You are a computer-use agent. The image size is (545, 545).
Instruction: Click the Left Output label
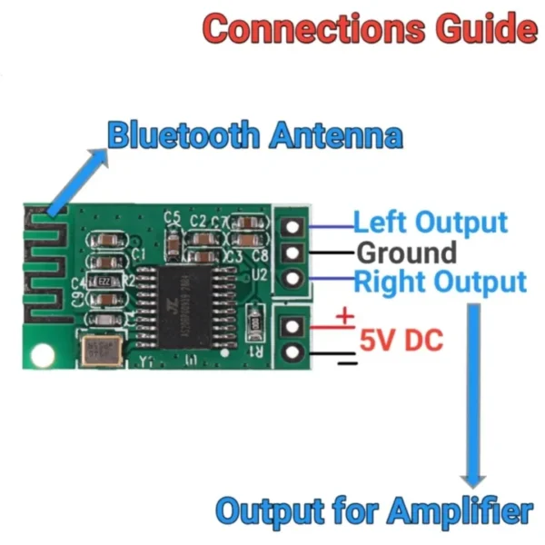430,223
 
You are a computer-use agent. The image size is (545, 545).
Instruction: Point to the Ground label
406,252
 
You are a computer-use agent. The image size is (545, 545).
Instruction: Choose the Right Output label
440,281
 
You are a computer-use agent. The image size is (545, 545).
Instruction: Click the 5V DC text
401,341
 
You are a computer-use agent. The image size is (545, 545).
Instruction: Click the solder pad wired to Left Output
292,225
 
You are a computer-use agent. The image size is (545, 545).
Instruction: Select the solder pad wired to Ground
292,252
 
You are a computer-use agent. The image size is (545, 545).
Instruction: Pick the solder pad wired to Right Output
292,278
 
